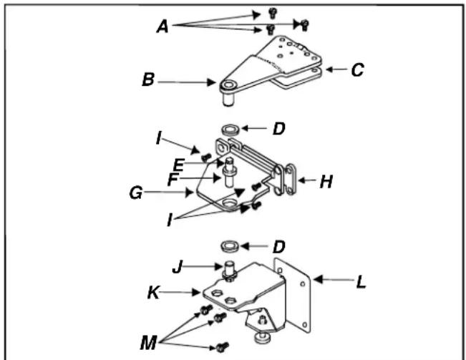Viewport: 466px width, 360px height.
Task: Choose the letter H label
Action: coord(326,183)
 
